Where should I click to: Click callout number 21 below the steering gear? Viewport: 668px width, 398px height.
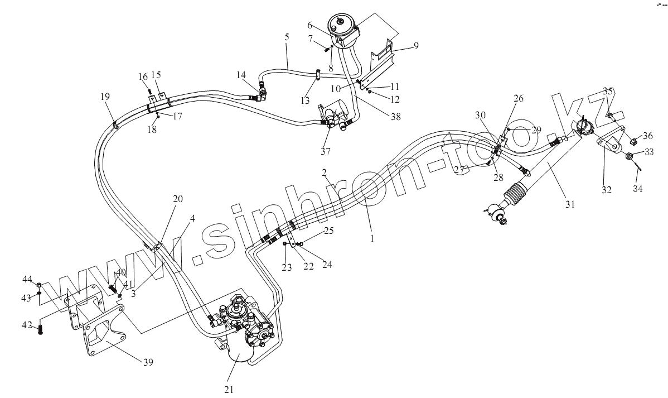click(x=229, y=390)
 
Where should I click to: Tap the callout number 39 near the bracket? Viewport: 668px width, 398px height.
click(x=148, y=362)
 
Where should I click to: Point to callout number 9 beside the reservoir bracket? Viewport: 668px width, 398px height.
click(x=415, y=45)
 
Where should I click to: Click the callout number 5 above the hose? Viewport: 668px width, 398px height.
click(x=287, y=37)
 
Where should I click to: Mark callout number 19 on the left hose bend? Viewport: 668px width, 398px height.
click(x=105, y=97)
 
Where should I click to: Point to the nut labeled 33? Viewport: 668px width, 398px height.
click(x=630, y=156)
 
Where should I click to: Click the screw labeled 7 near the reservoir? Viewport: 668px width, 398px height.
click(x=326, y=49)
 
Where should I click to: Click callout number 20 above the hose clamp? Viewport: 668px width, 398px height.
click(x=177, y=199)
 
